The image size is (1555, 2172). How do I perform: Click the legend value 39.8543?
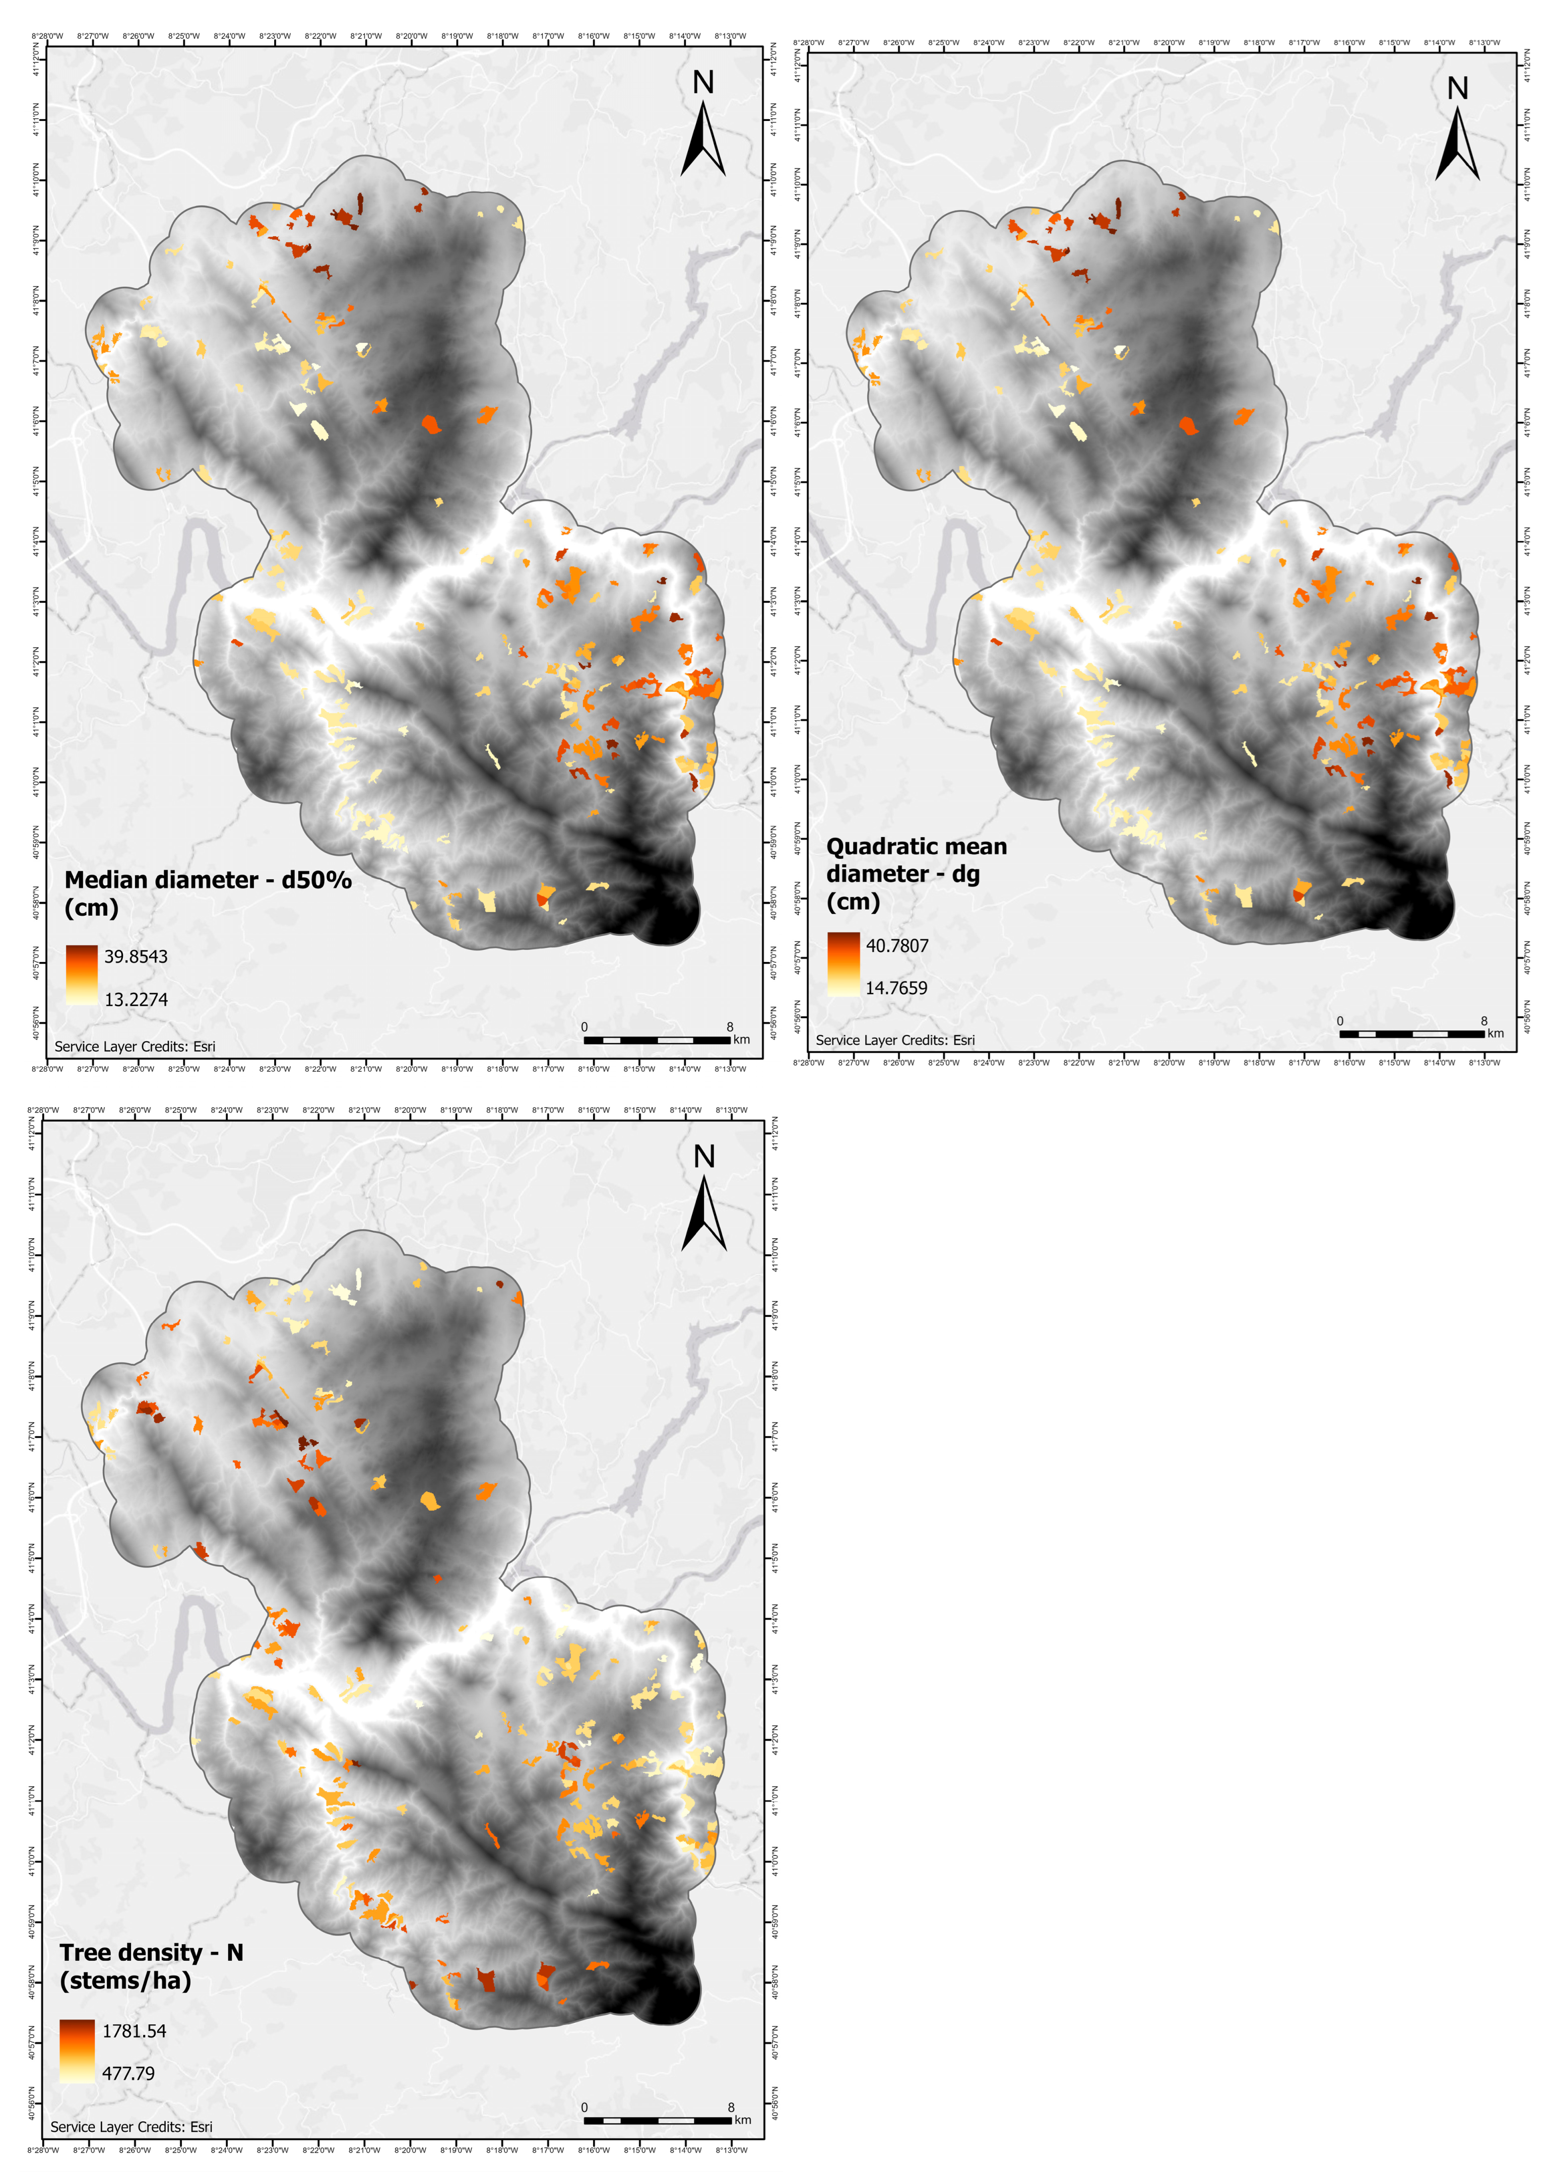136,956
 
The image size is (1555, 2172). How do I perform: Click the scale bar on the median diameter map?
657,1039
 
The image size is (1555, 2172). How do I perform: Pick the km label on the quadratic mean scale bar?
1496,1033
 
